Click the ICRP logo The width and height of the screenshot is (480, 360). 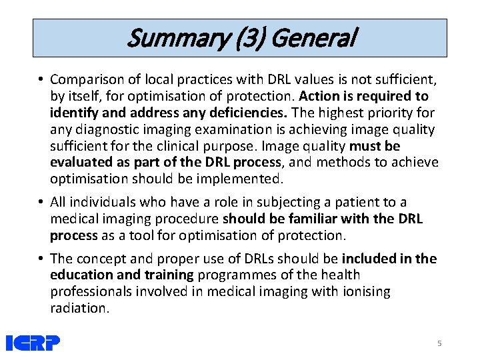[x=33, y=343]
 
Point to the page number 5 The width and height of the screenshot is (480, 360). [x=439, y=343]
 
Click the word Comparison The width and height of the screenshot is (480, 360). [x=87, y=79]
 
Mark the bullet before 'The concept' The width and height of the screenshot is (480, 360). [x=41, y=259]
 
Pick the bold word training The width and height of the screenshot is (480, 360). [x=167, y=275]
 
